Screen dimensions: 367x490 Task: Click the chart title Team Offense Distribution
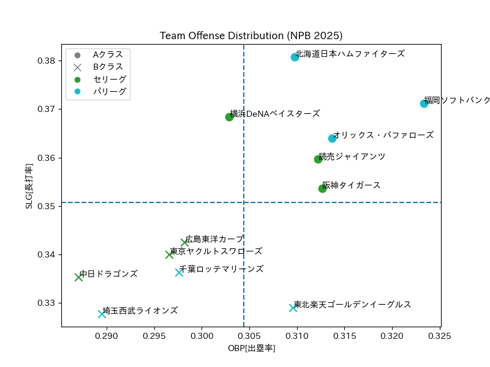coord(251,35)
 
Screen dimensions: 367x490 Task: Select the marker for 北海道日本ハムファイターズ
coord(295,57)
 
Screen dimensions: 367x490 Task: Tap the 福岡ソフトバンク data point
coord(424,103)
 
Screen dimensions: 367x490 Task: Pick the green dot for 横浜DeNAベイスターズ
coord(229,117)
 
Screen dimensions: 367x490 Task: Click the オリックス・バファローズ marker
coord(332,138)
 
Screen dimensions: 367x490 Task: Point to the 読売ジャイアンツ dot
coord(318,159)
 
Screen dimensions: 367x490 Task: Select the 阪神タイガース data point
coord(322,188)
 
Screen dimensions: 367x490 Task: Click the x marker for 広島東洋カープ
coord(184,242)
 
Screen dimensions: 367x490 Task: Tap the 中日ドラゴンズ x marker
coord(78,277)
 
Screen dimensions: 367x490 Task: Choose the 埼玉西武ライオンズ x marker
coord(102,314)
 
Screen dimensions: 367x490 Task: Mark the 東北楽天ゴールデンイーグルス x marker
coord(293,308)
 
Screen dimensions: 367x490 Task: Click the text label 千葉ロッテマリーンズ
coord(221,269)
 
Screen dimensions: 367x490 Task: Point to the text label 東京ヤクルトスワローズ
coord(216,251)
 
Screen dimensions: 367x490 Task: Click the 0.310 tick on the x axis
coord(297,336)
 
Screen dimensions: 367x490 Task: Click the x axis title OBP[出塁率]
coord(251,348)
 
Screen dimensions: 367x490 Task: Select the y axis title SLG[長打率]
coord(29,187)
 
